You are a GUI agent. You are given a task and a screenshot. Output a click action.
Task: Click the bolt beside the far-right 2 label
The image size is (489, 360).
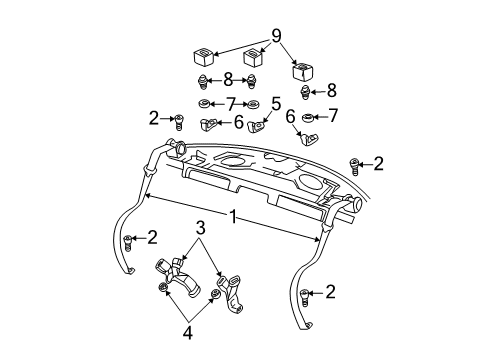point(353,163)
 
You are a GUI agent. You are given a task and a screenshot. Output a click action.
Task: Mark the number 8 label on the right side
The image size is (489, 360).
point(331,89)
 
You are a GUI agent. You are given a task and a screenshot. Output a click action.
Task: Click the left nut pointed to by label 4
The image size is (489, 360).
point(163,289)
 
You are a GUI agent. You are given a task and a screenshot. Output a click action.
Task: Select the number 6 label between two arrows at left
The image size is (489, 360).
point(238,123)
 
